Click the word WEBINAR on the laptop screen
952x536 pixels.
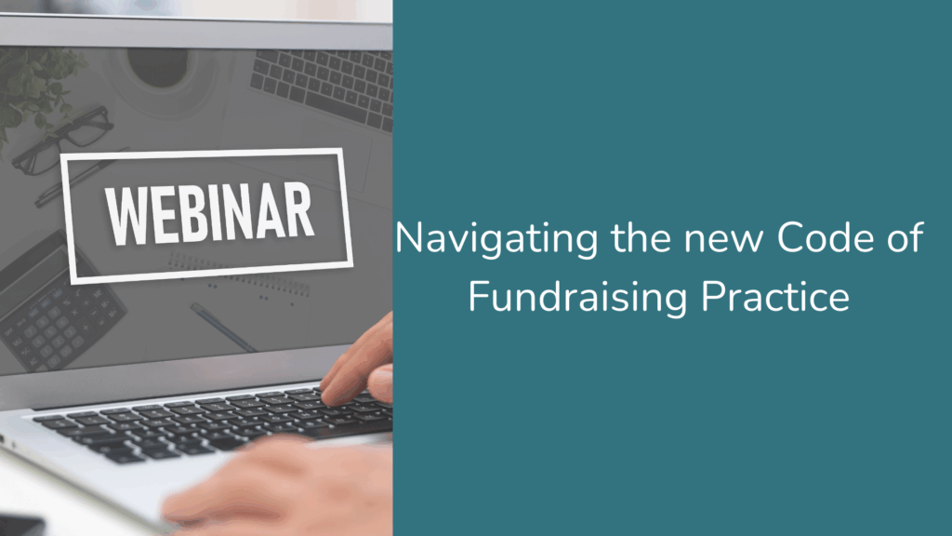(x=209, y=214)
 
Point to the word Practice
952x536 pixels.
(x=775, y=297)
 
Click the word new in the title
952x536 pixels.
(x=723, y=241)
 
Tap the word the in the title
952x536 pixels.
(x=641, y=237)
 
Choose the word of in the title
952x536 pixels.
(x=906, y=237)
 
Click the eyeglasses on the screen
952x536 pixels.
(x=60, y=141)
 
